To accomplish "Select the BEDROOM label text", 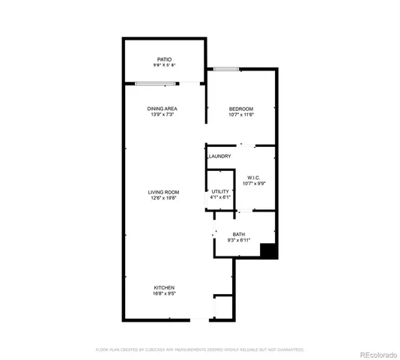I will tap(242, 109).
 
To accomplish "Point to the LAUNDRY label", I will tap(219, 156).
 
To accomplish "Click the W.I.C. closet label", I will tap(252, 178).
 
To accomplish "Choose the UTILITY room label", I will tap(219, 192).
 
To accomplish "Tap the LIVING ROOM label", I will tap(163, 192).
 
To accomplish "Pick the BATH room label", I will tap(238, 235).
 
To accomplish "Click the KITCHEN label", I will tap(164, 288).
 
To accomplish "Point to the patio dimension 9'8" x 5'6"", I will tap(164, 64).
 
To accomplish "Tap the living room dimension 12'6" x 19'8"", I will tap(163, 199).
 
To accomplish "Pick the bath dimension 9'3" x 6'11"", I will tap(238, 241).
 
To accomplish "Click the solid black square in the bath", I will tap(269, 252).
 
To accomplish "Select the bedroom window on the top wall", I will tap(225, 69).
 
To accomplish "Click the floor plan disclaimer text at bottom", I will tap(199, 349).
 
